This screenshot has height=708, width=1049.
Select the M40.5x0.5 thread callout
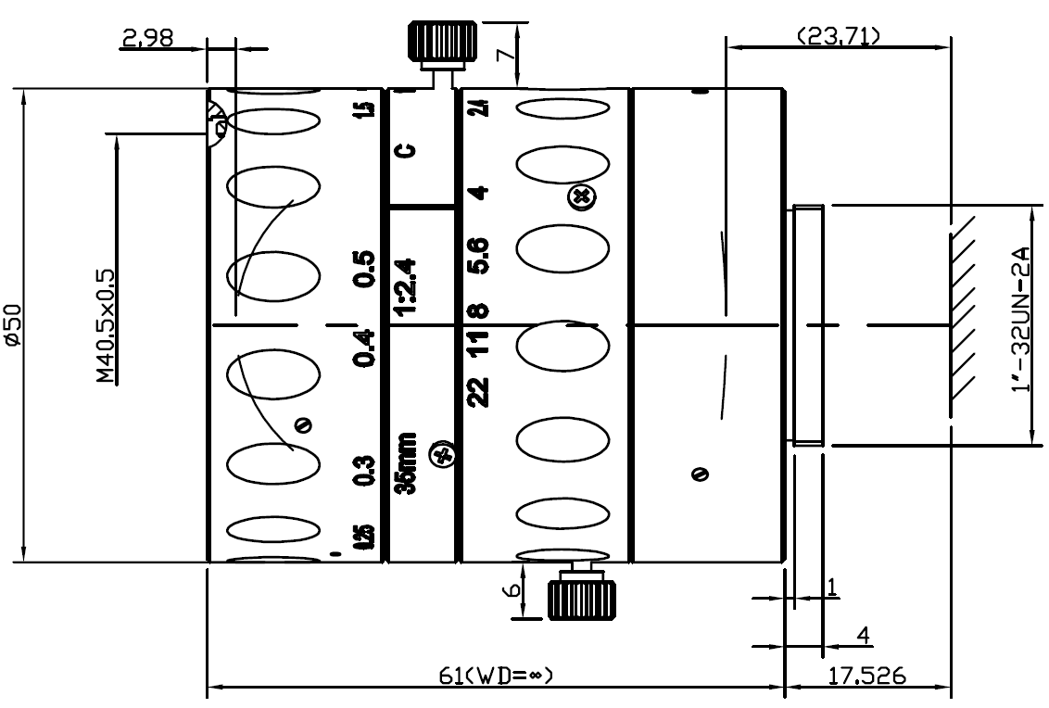105,326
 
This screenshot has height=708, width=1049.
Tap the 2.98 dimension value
147,39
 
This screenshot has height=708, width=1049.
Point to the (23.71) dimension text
838,36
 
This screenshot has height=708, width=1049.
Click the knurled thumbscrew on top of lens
443,42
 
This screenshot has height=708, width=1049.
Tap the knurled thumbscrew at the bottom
576,598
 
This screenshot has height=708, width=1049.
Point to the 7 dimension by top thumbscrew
502,54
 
